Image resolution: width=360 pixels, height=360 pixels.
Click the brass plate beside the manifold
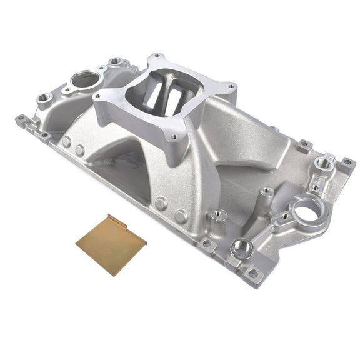(x=111, y=244)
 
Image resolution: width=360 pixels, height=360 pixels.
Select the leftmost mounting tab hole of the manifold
(x=21, y=117)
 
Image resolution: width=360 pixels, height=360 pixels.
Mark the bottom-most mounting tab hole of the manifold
(x=253, y=273)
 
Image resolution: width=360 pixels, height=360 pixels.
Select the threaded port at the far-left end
(x=44, y=97)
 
